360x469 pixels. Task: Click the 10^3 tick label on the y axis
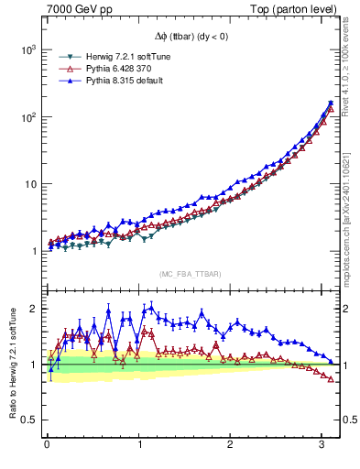tap(25, 49)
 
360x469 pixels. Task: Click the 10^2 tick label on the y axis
tap(25, 117)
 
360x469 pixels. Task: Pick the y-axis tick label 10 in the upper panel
tap(27, 184)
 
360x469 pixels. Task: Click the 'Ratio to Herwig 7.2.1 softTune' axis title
tap(10, 364)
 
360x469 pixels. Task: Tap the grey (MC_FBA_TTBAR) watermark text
tap(190, 274)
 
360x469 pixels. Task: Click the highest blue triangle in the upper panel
tap(330, 103)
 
